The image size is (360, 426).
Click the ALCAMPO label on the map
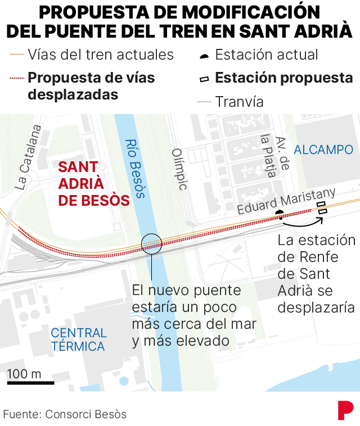[x=323, y=149]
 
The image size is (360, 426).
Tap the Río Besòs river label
[x=135, y=169]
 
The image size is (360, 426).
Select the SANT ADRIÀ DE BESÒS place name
[x=94, y=184]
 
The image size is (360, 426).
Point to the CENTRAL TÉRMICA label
[x=78, y=339]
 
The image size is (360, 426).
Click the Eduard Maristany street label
[x=286, y=201]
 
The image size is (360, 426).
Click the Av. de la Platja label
[x=274, y=156]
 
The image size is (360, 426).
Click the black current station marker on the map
[x=280, y=213]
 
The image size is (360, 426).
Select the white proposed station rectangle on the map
[x=322, y=211]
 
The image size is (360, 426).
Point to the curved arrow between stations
[x=301, y=223]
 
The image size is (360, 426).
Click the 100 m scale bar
[x=30, y=383]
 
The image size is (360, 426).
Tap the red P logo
[x=345, y=410]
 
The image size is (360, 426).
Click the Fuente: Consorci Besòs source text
[x=65, y=414]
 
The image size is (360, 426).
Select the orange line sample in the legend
[x=16, y=55]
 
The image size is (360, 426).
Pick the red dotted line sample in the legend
[x=16, y=78]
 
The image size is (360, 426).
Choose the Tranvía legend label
[x=240, y=102]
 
